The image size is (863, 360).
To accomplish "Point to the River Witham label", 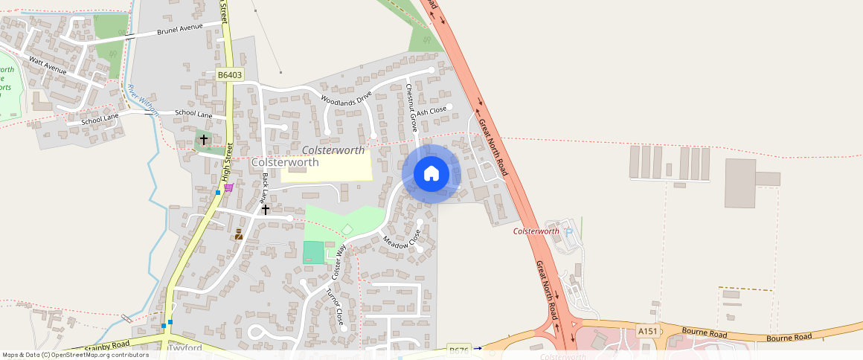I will (143, 99).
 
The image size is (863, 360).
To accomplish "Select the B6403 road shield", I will (230, 75).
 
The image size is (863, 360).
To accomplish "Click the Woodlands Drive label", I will (345, 97).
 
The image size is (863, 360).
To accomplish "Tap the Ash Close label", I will (431, 111).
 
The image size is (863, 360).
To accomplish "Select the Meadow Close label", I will (402, 239).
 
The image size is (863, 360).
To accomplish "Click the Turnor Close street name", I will (336, 306).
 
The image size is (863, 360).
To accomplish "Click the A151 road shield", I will (647, 331).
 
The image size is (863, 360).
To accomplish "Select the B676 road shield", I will (459, 349).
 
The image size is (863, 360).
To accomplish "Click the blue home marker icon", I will (431, 173).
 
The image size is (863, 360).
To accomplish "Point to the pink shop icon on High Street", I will (228, 187).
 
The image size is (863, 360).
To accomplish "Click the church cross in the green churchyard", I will (204, 139).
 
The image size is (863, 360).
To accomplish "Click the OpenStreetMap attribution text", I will (76, 355).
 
